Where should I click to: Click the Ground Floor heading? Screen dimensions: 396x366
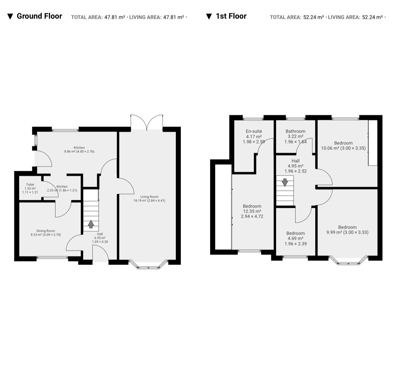pyautogui.click(x=40, y=16)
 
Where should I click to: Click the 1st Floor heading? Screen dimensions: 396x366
pyautogui.click(x=231, y=16)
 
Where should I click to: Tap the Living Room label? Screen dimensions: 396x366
pyautogui.click(x=149, y=197)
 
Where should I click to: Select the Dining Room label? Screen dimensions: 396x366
pyautogui.click(x=46, y=231)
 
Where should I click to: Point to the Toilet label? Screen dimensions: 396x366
pyautogui.click(x=30, y=185)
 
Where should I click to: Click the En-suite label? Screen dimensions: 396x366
pyautogui.click(x=254, y=131)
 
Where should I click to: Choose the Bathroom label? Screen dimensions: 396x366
pyautogui.click(x=296, y=131)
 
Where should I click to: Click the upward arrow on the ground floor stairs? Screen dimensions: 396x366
pyautogui.click(x=91, y=224)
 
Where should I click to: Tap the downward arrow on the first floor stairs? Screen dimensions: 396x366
pyautogui.click(x=285, y=182)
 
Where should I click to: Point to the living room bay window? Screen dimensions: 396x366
pyautogui.click(x=149, y=265)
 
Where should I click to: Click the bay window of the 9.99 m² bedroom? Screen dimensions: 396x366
pyautogui.click(x=348, y=260)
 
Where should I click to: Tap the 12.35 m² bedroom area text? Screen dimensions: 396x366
pyautogui.click(x=252, y=211)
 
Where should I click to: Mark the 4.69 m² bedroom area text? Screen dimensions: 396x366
pyautogui.click(x=296, y=238)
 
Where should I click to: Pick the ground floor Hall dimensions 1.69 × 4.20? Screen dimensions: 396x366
pyautogui.click(x=100, y=242)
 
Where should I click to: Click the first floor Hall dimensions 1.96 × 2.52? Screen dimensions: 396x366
pyautogui.click(x=296, y=171)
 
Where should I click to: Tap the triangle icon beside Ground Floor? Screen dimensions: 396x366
pyautogui.click(x=10, y=17)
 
